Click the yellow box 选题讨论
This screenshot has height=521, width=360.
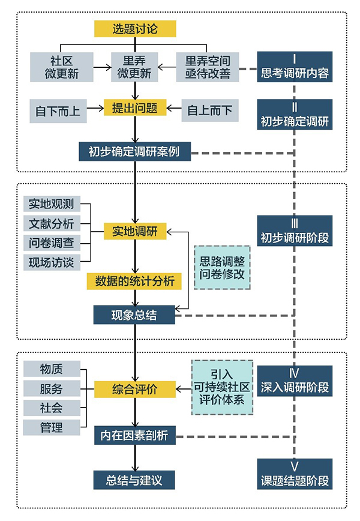[135, 28]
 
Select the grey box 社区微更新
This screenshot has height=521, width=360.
[62, 67]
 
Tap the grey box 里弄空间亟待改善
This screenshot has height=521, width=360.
[208, 67]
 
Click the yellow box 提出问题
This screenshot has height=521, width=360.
[135, 108]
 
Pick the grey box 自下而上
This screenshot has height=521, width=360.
[57, 110]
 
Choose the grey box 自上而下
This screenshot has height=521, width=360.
[210, 110]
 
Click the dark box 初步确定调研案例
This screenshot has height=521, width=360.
[135, 151]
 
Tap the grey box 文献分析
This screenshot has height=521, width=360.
[52, 224]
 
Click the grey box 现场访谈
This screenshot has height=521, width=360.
[52, 262]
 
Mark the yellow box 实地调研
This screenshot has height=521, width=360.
[135, 230]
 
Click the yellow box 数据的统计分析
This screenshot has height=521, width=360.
[135, 280]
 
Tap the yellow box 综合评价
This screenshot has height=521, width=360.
[135, 388]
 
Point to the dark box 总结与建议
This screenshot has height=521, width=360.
[135, 480]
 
